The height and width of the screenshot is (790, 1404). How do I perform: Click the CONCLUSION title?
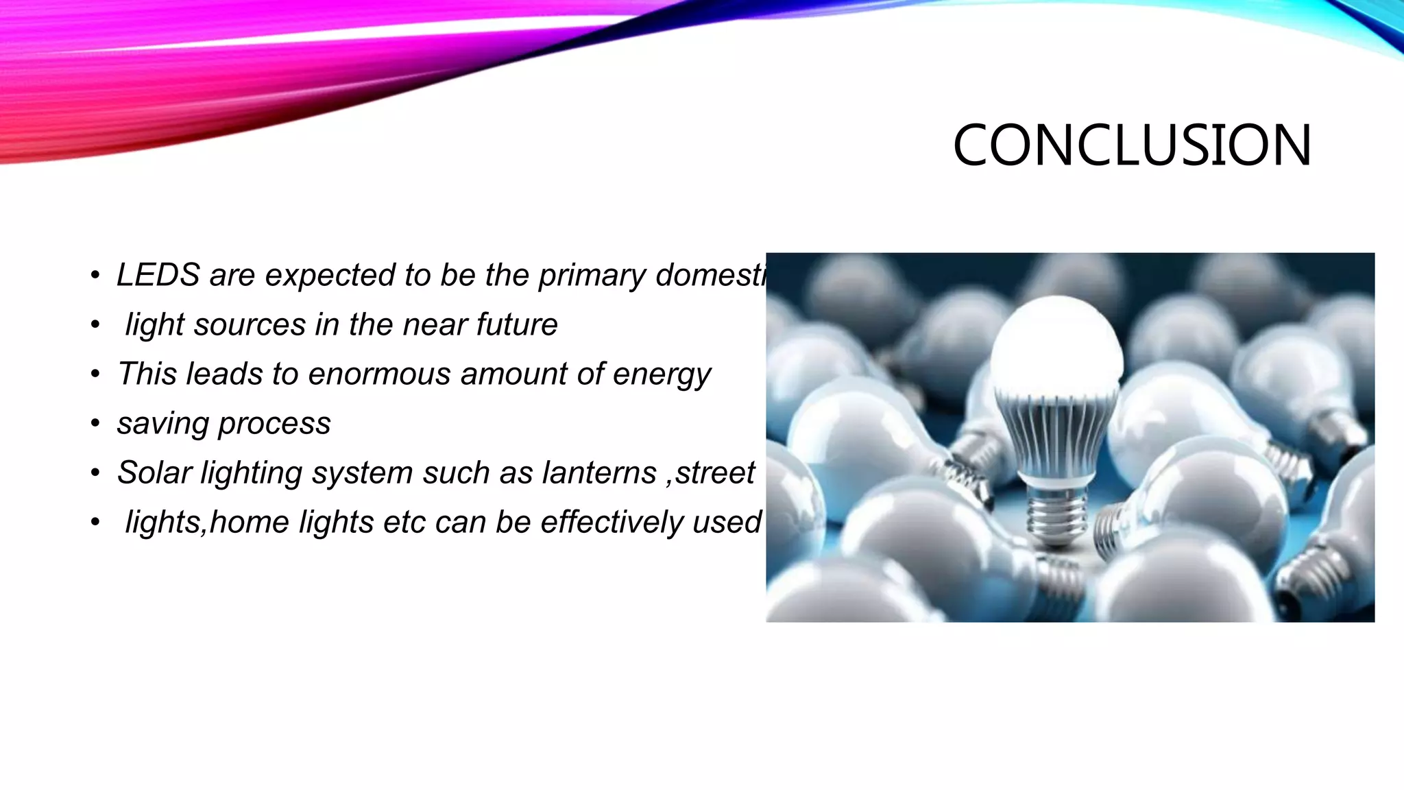(1132, 145)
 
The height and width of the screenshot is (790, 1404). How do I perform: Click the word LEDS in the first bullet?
(158, 275)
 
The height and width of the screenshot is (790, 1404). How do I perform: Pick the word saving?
(162, 424)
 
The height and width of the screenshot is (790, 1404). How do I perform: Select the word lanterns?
(599, 472)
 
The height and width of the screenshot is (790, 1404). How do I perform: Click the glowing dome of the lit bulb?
(1056, 343)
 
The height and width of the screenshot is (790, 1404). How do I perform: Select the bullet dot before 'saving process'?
(95, 424)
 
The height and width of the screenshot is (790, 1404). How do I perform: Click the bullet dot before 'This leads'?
(95, 374)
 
